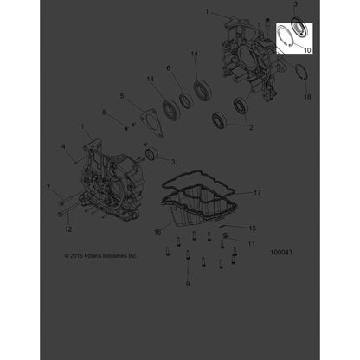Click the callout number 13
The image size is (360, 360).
click(x=293, y=4)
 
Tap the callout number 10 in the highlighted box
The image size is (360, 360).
click(x=307, y=50)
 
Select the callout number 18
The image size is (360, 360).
click(x=307, y=97)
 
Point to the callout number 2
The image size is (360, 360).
click(x=251, y=127)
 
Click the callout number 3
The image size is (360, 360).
click(x=173, y=162)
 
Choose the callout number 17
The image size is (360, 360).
click(x=257, y=192)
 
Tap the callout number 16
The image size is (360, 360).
click(x=157, y=232)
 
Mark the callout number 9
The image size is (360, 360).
click(x=188, y=284)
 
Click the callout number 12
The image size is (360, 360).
click(x=68, y=229)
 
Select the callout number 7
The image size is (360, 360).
click(x=48, y=188)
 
